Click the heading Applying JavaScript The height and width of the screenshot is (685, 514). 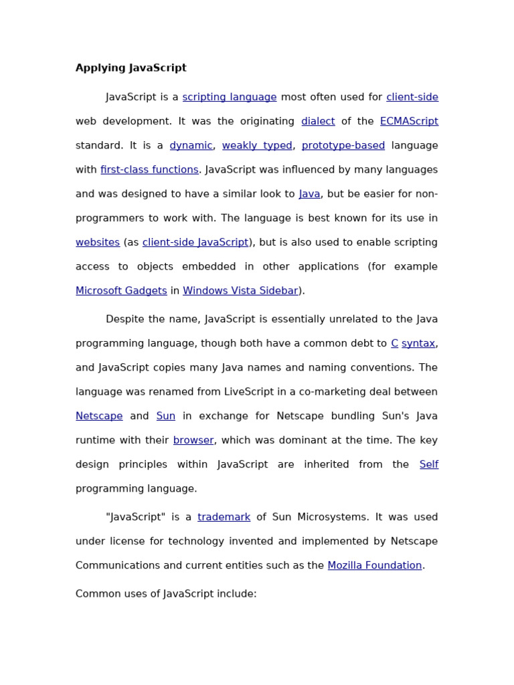[x=131, y=68]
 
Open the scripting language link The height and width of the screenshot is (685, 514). [x=230, y=97]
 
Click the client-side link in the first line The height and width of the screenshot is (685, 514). [x=412, y=97]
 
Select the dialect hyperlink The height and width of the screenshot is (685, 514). [x=318, y=121]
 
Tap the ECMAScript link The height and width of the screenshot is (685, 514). [x=409, y=121]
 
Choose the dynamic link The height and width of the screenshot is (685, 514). [x=191, y=145]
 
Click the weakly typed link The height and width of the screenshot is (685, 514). [x=257, y=145]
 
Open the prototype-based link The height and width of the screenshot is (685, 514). [x=343, y=145]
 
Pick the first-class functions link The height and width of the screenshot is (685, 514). [x=149, y=170]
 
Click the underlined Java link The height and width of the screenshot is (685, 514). [x=309, y=194]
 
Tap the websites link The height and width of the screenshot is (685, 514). [x=98, y=242]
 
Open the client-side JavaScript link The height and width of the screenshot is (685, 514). [x=195, y=242]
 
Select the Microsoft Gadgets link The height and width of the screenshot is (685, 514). [x=121, y=290]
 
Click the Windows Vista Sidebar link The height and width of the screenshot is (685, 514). [x=240, y=290]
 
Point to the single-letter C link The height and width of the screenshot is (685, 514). [x=394, y=343]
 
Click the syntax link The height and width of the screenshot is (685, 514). [x=418, y=343]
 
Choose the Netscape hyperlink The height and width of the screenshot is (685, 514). [x=99, y=416]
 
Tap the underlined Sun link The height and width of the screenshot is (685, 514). [x=165, y=416]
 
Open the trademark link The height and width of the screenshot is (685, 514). [x=224, y=517]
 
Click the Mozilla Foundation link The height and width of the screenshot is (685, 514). [x=375, y=565]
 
